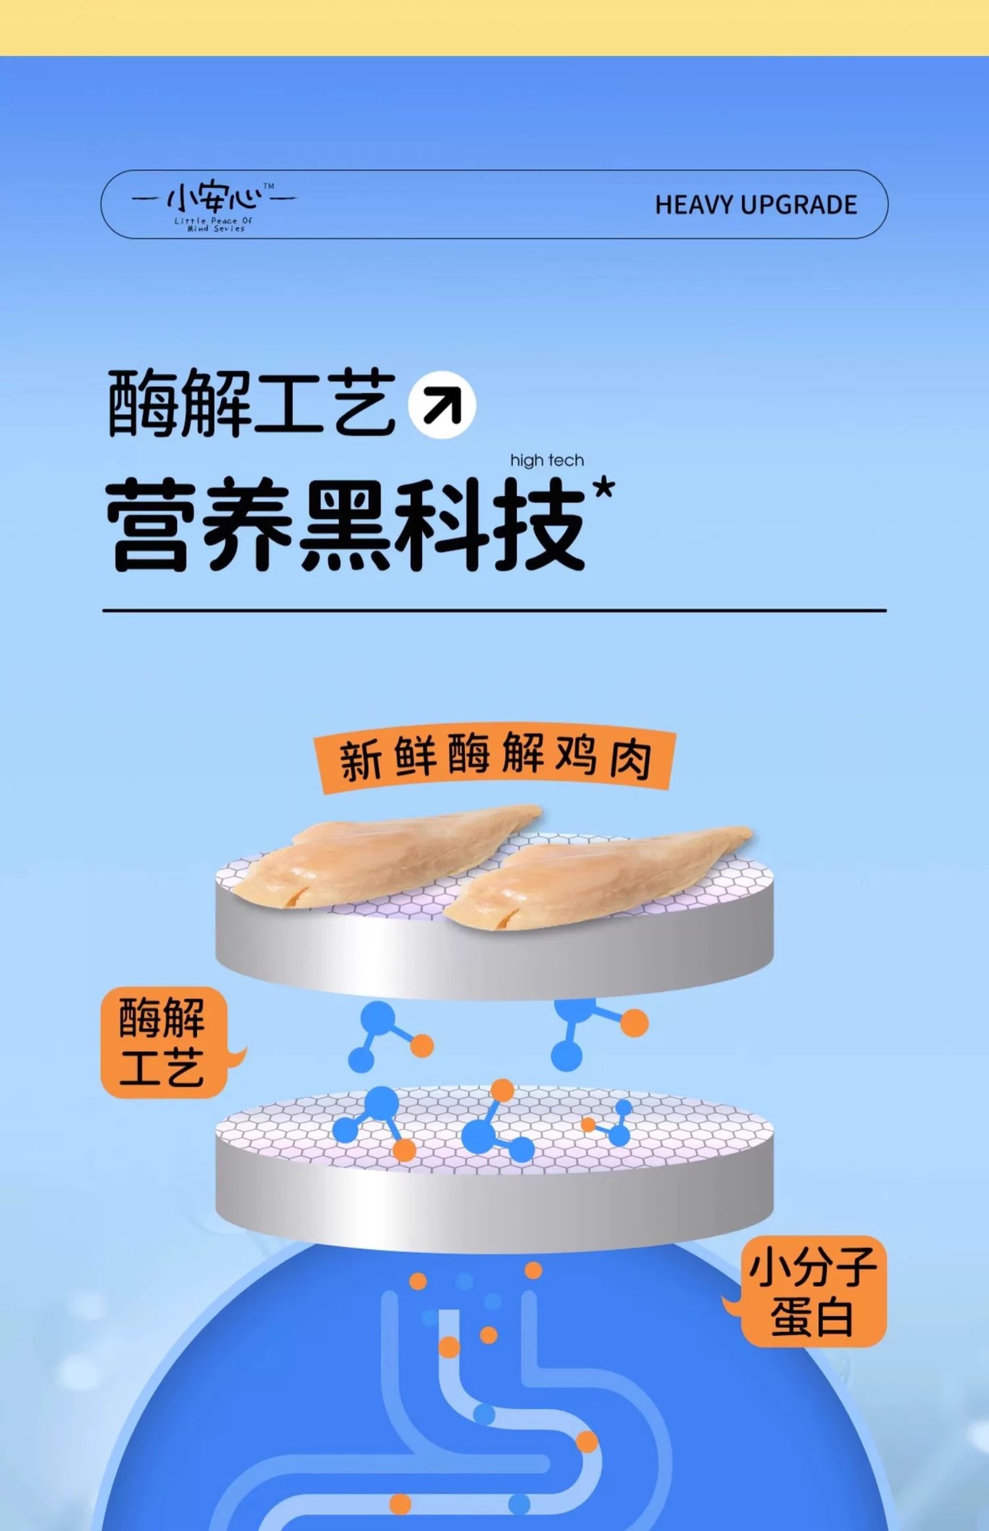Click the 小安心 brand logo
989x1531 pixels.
213,198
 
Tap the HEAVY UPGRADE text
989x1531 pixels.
755,205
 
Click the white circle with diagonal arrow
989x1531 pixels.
442,404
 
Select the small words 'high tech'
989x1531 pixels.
547,460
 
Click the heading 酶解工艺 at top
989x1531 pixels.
252,403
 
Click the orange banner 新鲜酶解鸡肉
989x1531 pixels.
494,758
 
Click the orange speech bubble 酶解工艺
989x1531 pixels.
164,1041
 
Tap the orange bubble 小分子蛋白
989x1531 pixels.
812,1291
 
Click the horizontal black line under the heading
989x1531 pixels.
494,611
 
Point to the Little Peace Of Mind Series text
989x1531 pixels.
214,224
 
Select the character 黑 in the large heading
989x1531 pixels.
345,525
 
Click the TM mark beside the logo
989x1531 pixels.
269,187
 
